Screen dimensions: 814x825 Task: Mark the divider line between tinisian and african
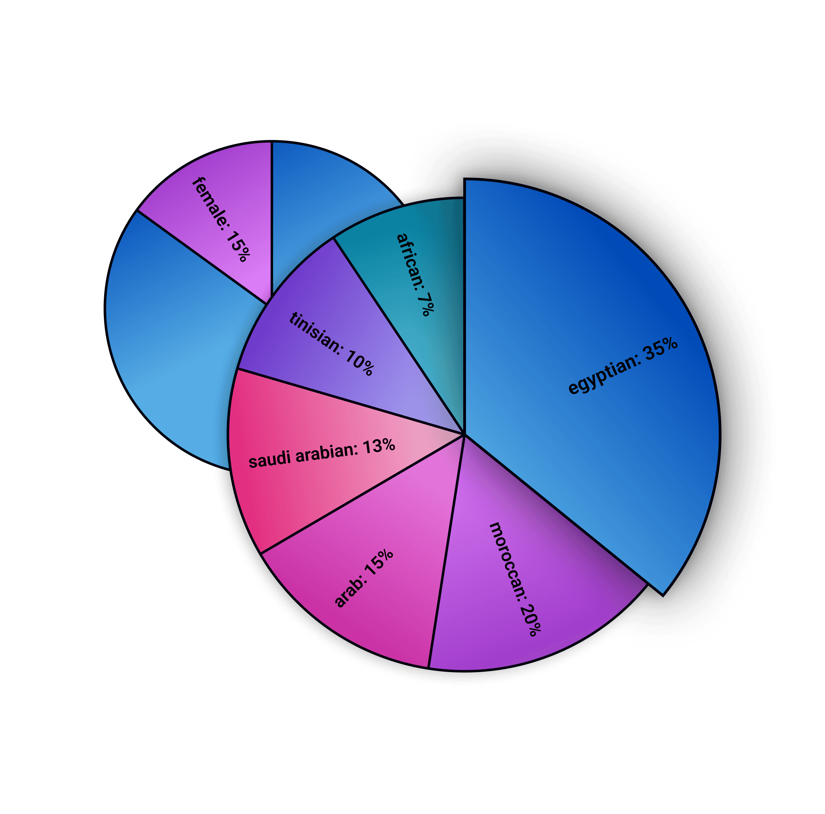(x=397, y=333)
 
